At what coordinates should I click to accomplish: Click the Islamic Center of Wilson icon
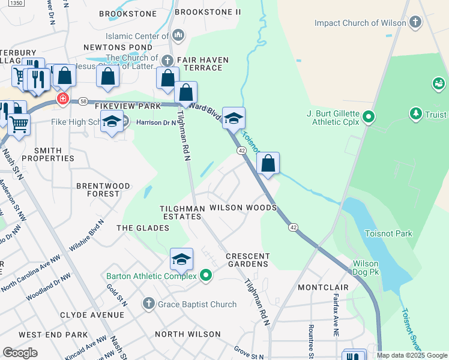click(x=178, y=36)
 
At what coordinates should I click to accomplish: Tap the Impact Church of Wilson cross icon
click(x=415, y=23)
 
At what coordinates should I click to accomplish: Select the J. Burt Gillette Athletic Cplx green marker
click(x=369, y=116)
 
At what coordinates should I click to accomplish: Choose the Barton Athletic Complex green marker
click(x=206, y=276)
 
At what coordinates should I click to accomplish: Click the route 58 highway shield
click(x=83, y=102)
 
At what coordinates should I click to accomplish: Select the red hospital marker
click(x=62, y=99)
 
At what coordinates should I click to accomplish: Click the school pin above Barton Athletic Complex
click(x=181, y=259)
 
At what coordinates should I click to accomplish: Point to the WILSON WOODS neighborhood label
click(x=243, y=208)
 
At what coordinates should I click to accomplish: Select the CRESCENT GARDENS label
click(x=247, y=260)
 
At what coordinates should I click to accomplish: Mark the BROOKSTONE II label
click(x=207, y=12)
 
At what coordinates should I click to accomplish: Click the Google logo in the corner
click(x=20, y=353)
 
